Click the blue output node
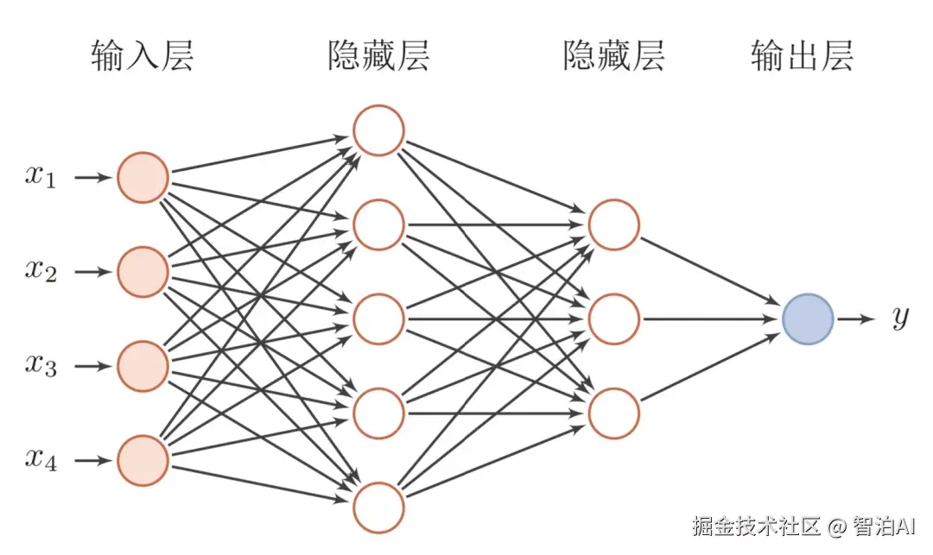[x=808, y=319]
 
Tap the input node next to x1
[x=143, y=178]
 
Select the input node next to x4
[x=143, y=461]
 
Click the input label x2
[x=41, y=273]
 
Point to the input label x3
[x=41, y=367]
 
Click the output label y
[x=900, y=319]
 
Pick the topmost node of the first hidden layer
[x=378, y=130]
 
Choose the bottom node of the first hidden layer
[x=378, y=508]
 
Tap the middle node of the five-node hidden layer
[x=378, y=319]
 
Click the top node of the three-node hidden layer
[x=614, y=225]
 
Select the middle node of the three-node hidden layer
[x=614, y=319]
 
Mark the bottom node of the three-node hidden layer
[x=614, y=413]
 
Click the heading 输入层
[x=143, y=56]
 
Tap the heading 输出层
[x=803, y=56]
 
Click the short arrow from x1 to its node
[x=93, y=178]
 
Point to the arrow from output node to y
[x=856, y=319]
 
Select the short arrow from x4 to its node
[x=93, y=461]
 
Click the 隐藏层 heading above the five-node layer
[x=378, y=56]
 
